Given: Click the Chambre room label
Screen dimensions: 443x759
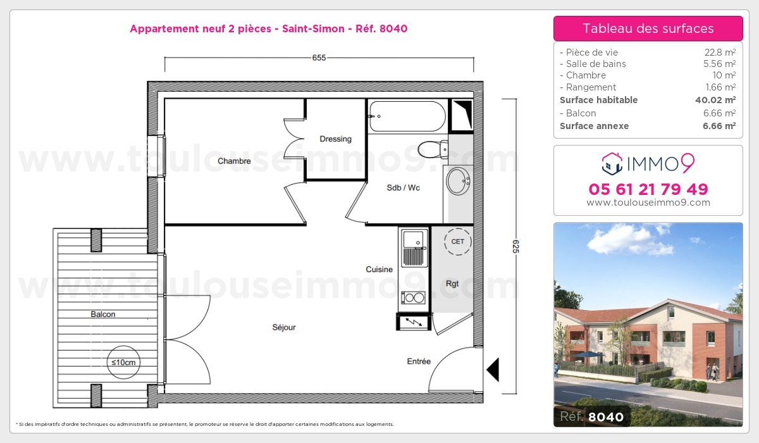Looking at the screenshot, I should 234,161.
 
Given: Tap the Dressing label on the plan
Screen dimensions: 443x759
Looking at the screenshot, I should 335,139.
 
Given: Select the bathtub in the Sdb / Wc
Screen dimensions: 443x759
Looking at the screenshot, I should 407,116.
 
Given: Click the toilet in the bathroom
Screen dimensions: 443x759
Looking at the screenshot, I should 433,149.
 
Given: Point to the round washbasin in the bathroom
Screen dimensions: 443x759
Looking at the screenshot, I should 457,181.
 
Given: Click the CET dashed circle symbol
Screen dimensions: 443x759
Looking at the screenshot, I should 457,241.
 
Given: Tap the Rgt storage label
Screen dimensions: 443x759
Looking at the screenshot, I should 452,284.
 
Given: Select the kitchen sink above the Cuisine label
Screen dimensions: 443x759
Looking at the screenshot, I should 414,247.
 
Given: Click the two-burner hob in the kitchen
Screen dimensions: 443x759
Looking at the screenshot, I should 414,297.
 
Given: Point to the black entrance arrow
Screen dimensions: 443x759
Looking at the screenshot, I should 492,370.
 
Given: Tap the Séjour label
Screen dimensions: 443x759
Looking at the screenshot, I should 284,327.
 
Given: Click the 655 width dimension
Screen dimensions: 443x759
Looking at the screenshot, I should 319,58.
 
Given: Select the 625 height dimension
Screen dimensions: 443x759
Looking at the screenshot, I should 515,246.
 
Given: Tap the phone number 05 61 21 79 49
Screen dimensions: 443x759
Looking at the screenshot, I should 648,189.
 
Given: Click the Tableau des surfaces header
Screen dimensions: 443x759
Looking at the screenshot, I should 648,28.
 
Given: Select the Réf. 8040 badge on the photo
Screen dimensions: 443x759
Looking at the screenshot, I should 592,416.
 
